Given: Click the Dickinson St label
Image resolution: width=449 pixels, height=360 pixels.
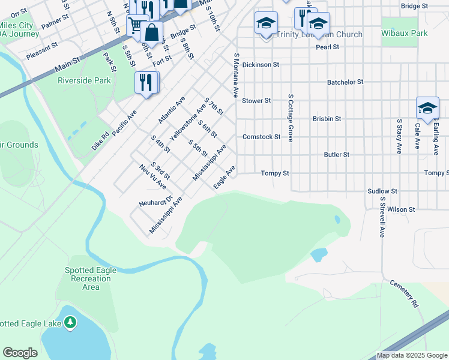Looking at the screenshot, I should (x=261, y=64).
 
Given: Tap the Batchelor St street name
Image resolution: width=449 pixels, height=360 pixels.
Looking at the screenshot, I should (x=345, y=82).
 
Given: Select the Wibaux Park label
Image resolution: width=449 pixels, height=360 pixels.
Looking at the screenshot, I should (x=404, y=34).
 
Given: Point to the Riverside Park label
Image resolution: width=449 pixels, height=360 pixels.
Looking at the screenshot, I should (x=84, y=80).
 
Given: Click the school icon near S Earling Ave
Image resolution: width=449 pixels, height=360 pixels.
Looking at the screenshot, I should (x=427, y=108).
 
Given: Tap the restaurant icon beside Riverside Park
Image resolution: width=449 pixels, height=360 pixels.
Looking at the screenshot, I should (x=146, y=82).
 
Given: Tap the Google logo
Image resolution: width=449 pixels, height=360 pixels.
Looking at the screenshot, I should (x=20, y=353).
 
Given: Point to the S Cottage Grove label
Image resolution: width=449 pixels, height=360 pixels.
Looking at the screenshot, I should (x=290, y=118).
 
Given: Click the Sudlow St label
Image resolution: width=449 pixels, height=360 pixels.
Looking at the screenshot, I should (x=382, y=191).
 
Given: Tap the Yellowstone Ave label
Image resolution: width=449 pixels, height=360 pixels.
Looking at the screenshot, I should (x=187, y=122).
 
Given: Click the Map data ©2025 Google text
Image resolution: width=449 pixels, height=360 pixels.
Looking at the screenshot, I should (x=411, y=355).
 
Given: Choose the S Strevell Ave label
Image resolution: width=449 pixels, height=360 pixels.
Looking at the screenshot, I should (x=381, y=215).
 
